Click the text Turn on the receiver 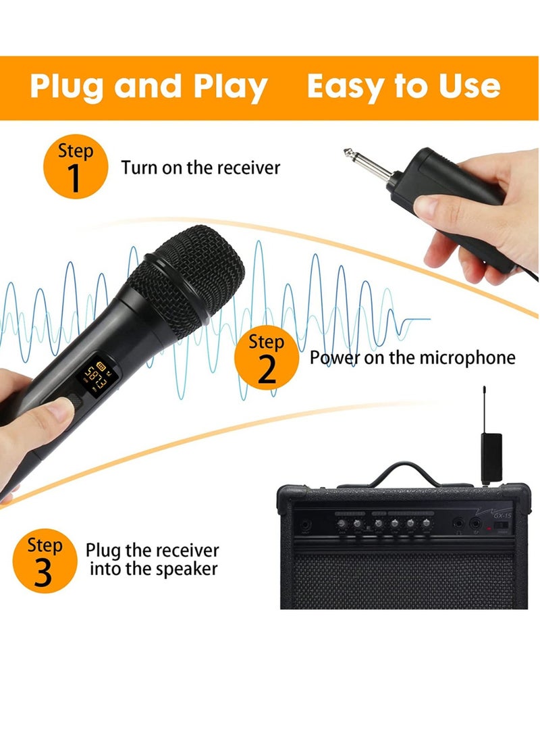tap(200, 168)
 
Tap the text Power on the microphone tap(412, 357)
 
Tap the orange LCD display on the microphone tap(95, 375)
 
